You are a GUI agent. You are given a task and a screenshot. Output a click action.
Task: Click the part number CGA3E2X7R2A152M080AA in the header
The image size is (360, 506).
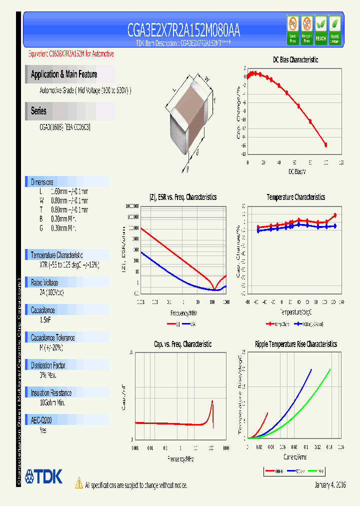coord(184,30)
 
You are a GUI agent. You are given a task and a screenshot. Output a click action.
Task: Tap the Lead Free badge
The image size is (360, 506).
coord(293,29)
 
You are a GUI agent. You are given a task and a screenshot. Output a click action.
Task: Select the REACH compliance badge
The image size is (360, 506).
coord(320,29)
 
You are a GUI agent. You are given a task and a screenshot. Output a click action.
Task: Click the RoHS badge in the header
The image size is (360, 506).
coord(334,29)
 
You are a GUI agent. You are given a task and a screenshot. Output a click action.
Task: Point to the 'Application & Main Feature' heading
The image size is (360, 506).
coord(64,74)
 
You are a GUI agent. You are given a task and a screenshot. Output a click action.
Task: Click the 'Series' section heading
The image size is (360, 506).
coord(38,111)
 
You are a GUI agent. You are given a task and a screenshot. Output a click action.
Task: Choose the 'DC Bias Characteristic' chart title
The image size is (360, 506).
coord(295,60)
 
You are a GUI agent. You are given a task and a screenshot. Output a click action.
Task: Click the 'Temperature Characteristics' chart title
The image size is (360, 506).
coord(295,197)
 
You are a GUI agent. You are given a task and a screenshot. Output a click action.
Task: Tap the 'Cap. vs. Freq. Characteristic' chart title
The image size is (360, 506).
coord(182,344)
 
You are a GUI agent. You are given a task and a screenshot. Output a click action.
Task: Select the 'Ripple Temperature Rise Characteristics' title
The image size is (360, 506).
coord(296,344)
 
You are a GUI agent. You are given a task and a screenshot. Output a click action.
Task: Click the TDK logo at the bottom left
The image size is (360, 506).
coord(44,476)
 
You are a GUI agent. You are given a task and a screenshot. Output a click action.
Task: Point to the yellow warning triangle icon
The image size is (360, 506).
coord(78,482)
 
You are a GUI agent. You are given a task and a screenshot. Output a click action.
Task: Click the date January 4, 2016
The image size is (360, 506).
coord(329,485)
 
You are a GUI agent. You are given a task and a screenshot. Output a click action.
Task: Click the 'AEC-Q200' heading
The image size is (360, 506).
coord(42,420)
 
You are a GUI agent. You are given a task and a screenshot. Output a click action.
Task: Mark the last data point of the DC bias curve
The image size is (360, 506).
coord(326,145)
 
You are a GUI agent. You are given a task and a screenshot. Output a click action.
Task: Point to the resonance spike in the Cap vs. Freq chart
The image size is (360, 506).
coord(212,402)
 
